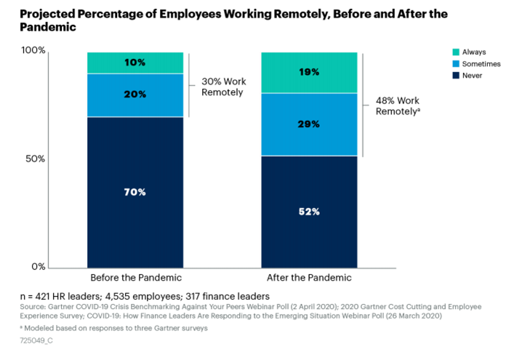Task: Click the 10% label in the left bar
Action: [x=135, y=63]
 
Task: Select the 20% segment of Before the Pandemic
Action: [x=135, y=95]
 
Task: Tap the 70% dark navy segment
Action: [x=135, y=192]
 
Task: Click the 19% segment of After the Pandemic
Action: [x=310, y=72]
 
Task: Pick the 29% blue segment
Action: [x=310, y=124]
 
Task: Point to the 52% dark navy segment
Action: [x=310, y=212]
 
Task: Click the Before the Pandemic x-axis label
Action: [x=135, y=278]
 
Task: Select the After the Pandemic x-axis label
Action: [x=310, y=278]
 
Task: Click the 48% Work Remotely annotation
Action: [x=398, y=106]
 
